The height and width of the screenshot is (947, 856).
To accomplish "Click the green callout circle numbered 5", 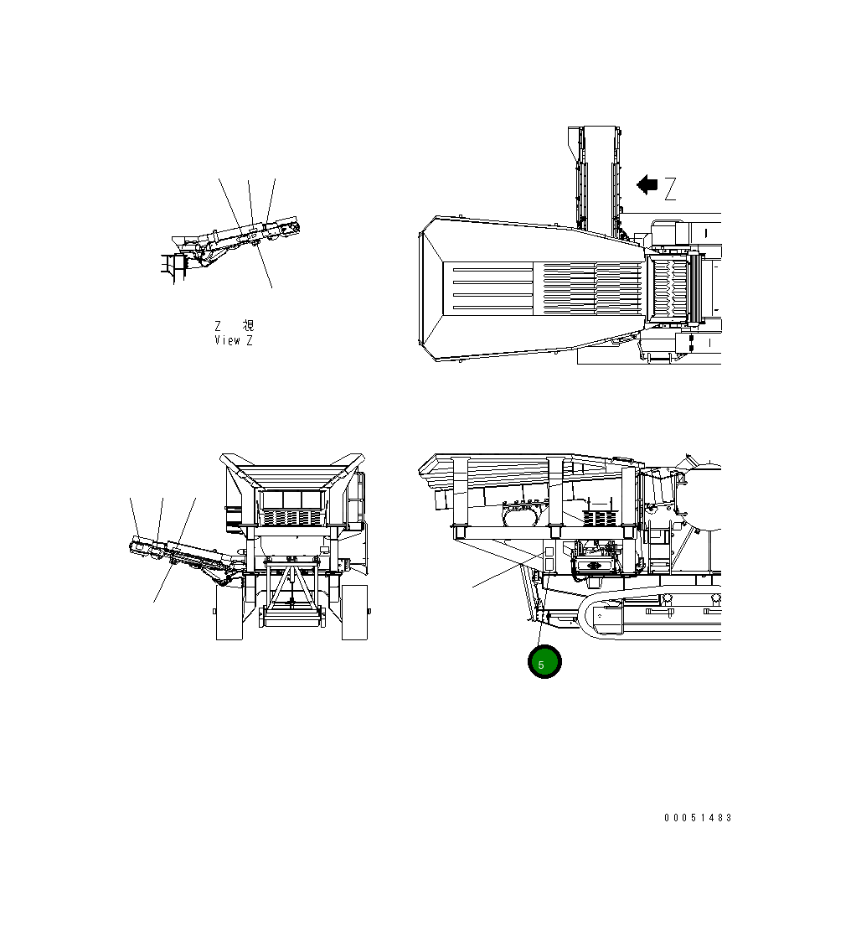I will pos(544,662).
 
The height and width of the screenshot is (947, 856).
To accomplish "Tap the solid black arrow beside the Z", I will pos(647,184).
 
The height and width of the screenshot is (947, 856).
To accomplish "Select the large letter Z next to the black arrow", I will pos(670,189).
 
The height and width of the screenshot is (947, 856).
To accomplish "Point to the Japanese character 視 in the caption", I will pos(248,326).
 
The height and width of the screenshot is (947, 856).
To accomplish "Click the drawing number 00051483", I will pos(698,818).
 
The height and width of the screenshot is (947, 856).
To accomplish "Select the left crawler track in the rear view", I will pos(228,611).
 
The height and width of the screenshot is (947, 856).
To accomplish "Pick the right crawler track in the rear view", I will pos(355,611).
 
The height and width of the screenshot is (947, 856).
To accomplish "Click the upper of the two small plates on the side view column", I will pos(549,553).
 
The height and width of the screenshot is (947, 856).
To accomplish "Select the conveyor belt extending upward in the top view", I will pos(596,176).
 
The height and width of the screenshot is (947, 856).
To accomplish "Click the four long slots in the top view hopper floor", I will pos(491,289).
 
